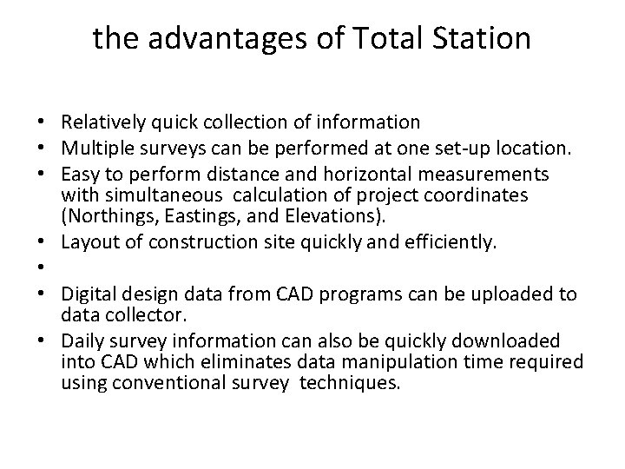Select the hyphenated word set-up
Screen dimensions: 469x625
coord(462,144)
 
